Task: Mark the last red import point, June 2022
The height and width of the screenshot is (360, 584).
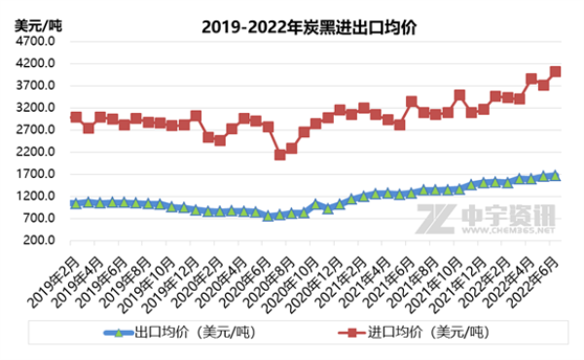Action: [556, 71]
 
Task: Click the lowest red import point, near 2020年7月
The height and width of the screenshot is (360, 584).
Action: [280, 155]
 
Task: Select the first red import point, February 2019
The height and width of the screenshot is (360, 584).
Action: [76, 118]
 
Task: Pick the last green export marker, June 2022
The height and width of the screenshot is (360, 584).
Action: [556, 175]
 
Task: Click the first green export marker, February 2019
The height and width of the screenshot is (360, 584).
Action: [76, 203]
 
